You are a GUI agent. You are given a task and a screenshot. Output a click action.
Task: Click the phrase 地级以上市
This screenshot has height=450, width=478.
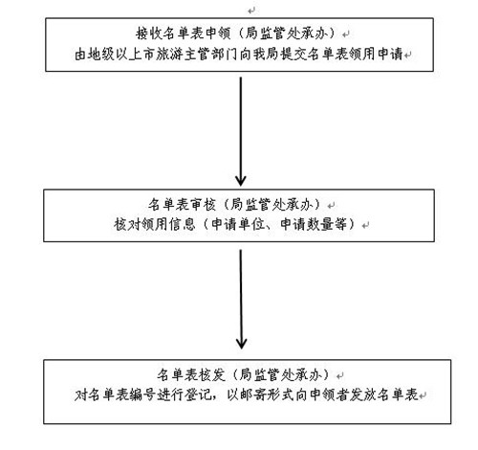[121, 54]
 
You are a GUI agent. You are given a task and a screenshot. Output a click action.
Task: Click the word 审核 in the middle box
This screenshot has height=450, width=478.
[203, 204]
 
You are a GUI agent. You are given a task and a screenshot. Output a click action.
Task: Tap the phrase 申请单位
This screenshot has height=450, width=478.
[238, 224]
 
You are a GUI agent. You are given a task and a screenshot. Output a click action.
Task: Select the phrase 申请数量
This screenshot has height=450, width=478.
[307, 224]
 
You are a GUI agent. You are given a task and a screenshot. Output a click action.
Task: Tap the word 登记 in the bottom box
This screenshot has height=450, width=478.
[197, 394]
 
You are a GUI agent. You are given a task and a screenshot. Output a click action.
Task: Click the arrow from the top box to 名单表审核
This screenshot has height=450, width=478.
[241, 131]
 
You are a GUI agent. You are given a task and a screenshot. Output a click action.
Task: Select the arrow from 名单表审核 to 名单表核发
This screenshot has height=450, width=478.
[241, 299]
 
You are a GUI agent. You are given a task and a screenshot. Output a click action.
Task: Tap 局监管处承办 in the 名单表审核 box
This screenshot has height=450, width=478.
[272, 204]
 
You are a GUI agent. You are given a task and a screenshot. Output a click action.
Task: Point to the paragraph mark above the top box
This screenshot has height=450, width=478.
[251, 11]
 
